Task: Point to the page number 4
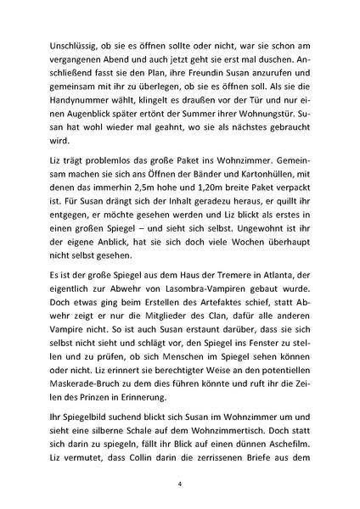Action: coord(180,484)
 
